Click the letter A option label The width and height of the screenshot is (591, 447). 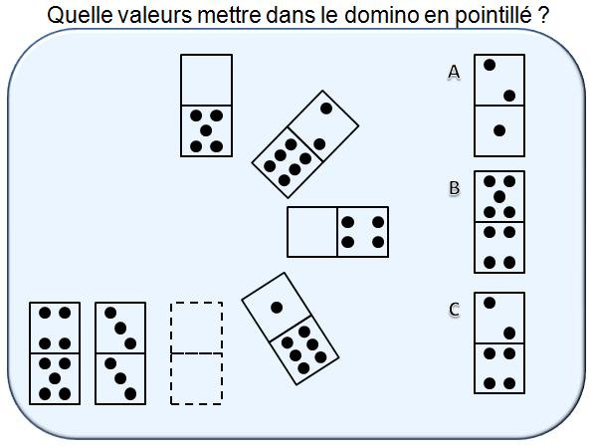[454, 72]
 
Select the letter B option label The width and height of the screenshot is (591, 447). [454, 187]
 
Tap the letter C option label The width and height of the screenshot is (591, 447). [454, 310]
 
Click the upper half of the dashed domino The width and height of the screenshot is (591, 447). [196, 328]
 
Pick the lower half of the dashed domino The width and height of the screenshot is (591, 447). [196, 378]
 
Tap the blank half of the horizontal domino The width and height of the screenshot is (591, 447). [312, 232]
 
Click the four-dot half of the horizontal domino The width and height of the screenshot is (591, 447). [362, 232]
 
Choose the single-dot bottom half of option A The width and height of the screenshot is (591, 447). [499, 130]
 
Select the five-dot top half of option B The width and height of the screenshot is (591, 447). [499, 196]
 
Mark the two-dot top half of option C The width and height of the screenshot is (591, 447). [499, 318]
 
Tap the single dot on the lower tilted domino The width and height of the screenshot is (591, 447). [277, 307]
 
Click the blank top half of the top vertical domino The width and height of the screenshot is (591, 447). [206, 80]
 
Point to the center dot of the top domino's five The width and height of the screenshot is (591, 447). [206, 130]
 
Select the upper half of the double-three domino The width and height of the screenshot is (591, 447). [120, 328]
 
